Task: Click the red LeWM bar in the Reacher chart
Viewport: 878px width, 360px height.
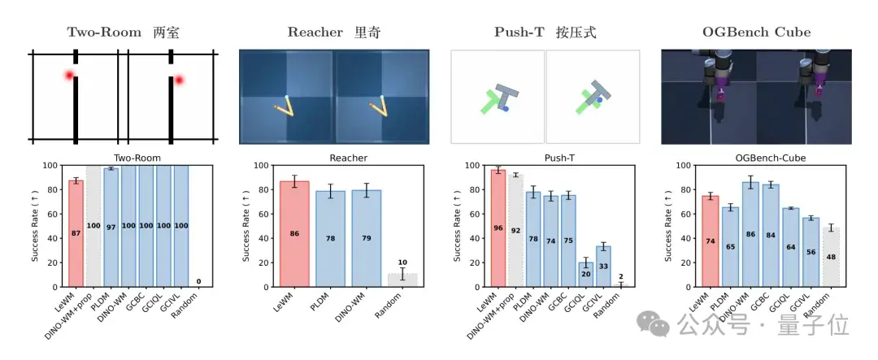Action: click(x=294, y=234)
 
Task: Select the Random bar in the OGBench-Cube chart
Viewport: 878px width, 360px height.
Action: click(x=832, y=258)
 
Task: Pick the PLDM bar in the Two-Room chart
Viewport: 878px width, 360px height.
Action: click(x=111, y=228)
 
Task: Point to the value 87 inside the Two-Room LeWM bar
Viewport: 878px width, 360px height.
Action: click(x=76, y=234)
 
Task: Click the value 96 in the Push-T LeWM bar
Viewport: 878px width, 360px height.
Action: click(x=498, y=228)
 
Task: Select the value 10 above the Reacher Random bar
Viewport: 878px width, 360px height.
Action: click(x=402, y=262)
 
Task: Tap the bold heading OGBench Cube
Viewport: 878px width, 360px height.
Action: click(x=757, y=33)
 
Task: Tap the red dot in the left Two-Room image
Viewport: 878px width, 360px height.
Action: click(x=69, y=76)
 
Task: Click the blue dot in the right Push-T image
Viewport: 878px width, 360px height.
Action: click(x=600, y=99)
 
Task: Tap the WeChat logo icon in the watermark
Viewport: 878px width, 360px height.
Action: click(x=652, y=325)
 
